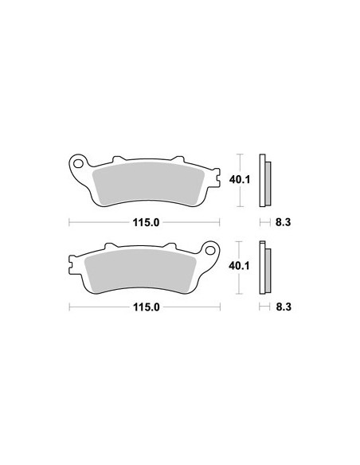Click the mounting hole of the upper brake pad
point(78,163)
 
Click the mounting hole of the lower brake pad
point(210,251)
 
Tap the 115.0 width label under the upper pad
point(146,222)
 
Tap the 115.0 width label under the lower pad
point(147,307)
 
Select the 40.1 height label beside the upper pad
point(240,179)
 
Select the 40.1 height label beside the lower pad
point(239,266)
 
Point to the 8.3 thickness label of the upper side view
point(284,222)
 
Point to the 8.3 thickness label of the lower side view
point(284,307)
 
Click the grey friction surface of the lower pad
point(140,271)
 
